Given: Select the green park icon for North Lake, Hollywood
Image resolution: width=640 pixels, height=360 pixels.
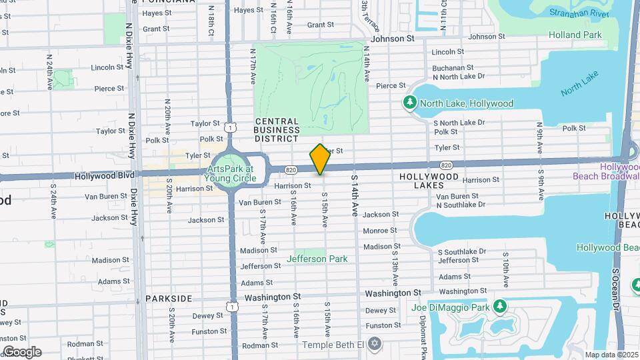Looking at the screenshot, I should pyautogui.click(x=409, y=103).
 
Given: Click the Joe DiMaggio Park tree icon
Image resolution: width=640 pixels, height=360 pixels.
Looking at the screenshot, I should pyautogui.click(x=499, y=307).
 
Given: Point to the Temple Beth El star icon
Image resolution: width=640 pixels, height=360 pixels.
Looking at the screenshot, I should pyautogui.click(x=375, y=344).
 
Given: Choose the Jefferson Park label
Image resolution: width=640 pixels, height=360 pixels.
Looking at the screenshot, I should pyautogui.click(x=317, y=259).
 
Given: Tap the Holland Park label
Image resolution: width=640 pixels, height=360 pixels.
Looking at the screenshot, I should pyautogui.click(x=575, y=35).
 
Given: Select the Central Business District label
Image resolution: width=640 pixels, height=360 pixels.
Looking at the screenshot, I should pyautogui.click(x=277, y=130).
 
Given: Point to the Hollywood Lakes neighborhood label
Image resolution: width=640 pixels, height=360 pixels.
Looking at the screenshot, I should pyautogui.click(x=429, y=181).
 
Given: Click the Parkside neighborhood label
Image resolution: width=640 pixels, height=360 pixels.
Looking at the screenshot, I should pyautogui.click(x=169, y=299).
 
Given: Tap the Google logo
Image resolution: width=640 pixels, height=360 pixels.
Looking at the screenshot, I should pyautogui.click(x=22, y=352).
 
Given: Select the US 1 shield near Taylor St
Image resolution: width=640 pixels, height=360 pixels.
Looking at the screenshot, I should pyautogui.click(x=231, y=127).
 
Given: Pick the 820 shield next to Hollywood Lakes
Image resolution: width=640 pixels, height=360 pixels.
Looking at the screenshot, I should pyautogui.click(x=446, y=165).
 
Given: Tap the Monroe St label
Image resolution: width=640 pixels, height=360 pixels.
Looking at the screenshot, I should pyautogui.click(x=380, y=231).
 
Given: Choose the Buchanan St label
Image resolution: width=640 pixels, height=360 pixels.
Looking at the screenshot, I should pyautogui.click(x=453, y=67).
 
